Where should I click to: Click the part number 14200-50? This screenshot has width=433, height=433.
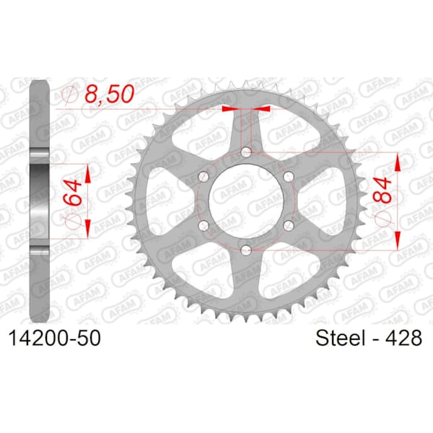(x=55, y=338)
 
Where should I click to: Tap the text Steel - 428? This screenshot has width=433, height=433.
(x=369, y=338)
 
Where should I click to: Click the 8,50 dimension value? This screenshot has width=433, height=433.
(x=110, y=94)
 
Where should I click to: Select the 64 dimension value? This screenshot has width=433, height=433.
(x=73, y=192)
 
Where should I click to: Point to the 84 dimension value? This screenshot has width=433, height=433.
(x=382, y=191)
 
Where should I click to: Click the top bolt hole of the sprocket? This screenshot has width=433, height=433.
(x=246, y=152)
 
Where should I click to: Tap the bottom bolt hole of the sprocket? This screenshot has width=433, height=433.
(x=246, y=250)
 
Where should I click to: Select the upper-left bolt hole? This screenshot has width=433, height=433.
(x=204, y=176)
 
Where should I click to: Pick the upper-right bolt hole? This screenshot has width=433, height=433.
(x=289, y=176)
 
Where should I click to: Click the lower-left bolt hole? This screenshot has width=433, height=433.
(x=204, y=226)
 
